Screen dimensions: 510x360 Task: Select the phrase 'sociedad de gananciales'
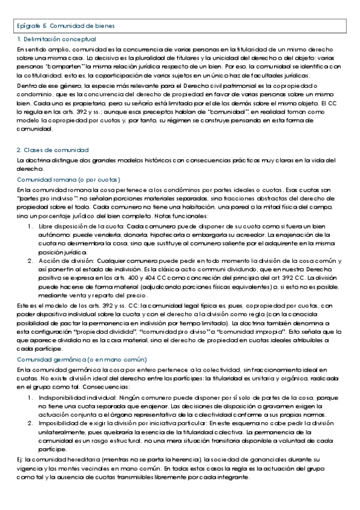click(x=242, y=460)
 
